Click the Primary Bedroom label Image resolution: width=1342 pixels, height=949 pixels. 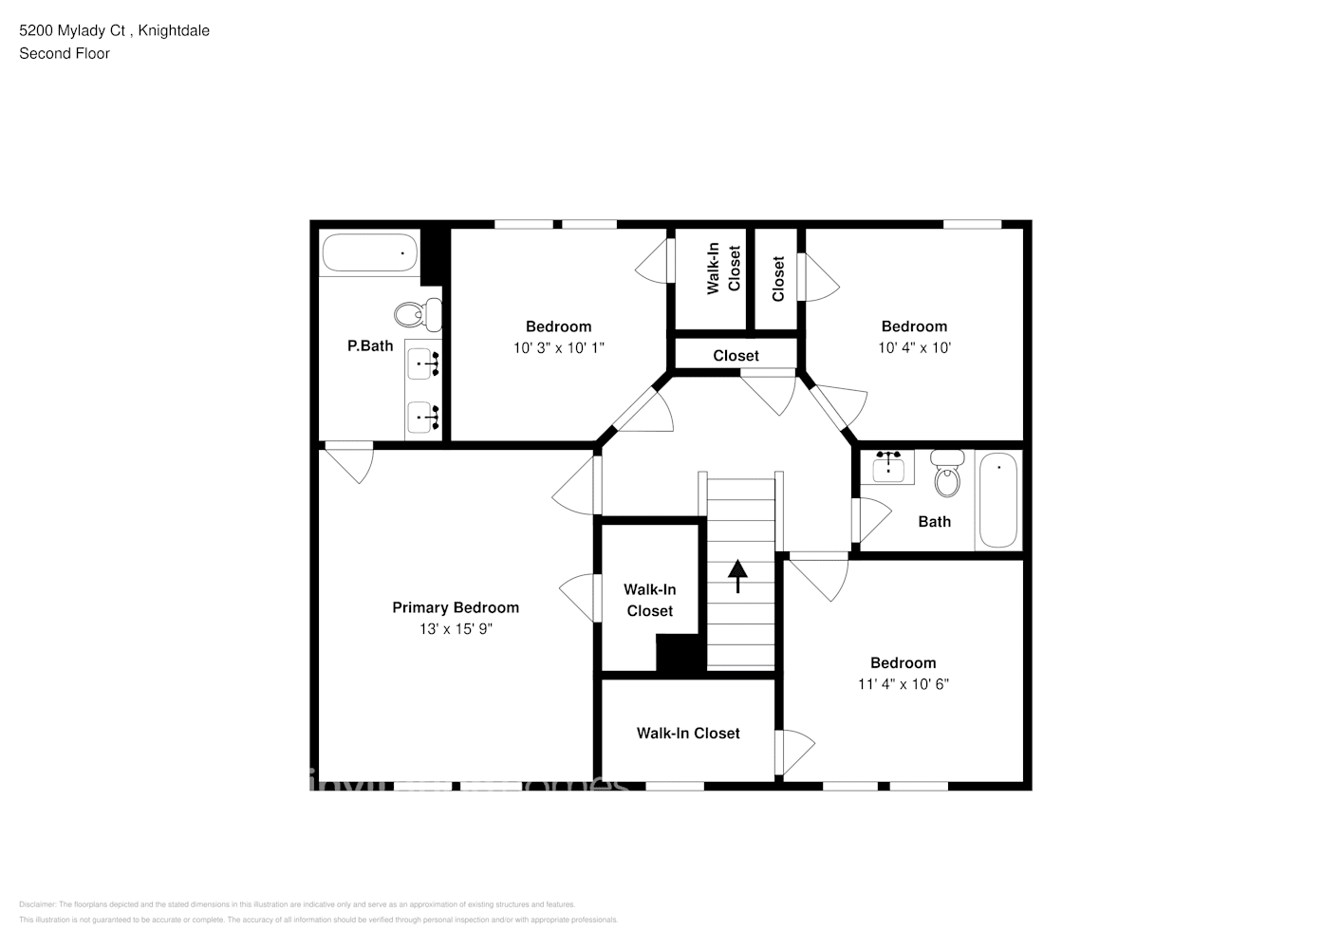[456, 607]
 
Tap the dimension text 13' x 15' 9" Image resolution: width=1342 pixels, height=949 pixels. [456, 629]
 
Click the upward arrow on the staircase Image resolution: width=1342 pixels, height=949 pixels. [737, 576]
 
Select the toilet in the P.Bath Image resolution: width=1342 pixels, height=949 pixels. [418, 313]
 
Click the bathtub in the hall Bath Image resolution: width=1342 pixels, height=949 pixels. [997, 500]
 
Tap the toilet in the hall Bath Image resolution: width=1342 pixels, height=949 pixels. [946, 474]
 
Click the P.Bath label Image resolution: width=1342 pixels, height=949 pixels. [370, 346]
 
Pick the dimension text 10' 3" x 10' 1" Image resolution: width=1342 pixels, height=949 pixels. [559, 348]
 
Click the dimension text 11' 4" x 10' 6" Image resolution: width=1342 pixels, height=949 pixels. [904, 684]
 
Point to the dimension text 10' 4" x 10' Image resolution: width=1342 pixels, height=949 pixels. [914, 348]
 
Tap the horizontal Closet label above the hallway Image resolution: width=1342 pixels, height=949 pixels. [736, 356]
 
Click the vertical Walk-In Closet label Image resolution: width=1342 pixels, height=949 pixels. [724, 270]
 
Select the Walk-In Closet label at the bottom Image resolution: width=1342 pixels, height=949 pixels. [688, 733]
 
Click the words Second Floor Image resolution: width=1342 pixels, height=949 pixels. [65, 53]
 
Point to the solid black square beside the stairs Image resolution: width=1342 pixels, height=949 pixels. [680, 655]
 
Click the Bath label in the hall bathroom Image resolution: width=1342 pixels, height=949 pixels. [934, 521]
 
